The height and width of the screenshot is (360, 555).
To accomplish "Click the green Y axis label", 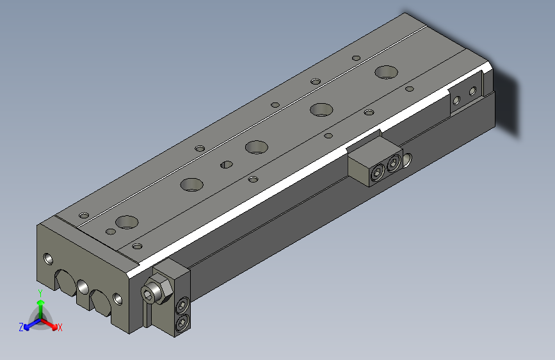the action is pos(40,293).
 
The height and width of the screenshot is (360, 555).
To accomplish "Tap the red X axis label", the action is pos(60,327).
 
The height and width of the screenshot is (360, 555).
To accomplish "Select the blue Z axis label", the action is pos(21,327).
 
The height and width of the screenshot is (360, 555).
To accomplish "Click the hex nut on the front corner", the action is pos(157,290).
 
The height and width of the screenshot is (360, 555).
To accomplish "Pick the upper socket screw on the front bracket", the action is pos(182,306).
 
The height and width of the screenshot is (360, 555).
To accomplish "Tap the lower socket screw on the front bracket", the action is pos(182,322).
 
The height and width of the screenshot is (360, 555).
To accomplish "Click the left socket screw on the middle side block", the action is pos(378,173).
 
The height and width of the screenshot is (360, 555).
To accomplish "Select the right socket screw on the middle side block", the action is pos(394,164).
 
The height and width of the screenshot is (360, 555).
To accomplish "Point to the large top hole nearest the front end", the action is pos(127,222).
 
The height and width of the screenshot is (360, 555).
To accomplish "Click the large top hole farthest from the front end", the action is pos(386,72).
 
